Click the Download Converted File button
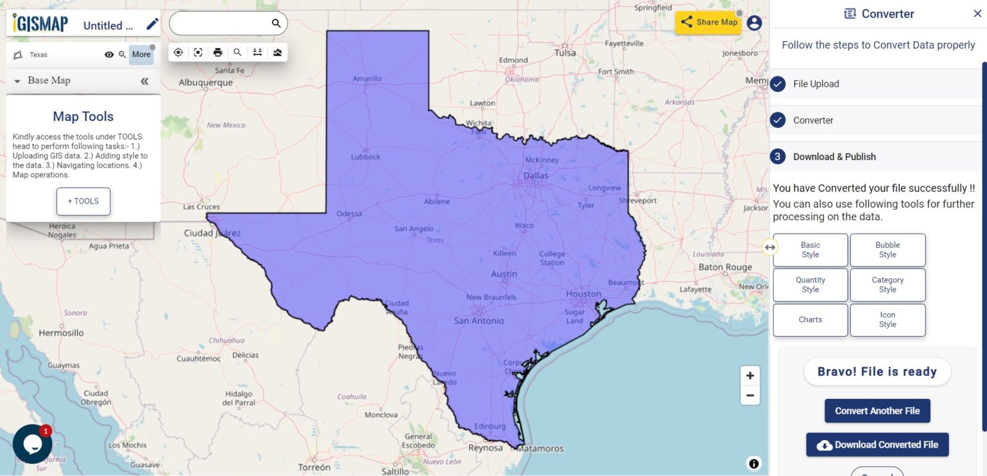point(877,445)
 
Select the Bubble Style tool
point(887,250)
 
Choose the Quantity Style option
point(810,285)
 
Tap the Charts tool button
point(810,320)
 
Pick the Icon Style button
point(887,320)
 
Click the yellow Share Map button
point(708,22)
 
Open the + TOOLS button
point(84,201)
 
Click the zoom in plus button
point(750,376)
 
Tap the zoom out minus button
point(750,395)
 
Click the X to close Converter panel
point(977,13)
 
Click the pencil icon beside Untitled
point(152,24)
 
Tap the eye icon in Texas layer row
point(109,55)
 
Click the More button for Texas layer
point(141,55)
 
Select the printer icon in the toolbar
point(218,53)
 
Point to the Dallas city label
point(536,175)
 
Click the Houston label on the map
point(583,294)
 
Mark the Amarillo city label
point(367,78)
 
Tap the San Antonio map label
point(479,321)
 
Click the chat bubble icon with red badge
point(32,444)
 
